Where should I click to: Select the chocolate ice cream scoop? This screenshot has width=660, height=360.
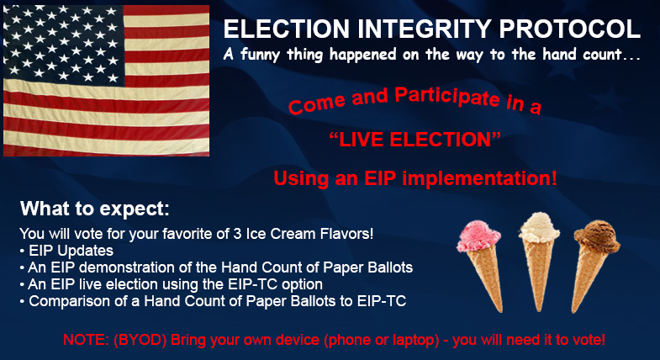(x=593, y=239)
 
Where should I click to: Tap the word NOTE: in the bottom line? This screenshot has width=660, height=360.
(x=83, y=340)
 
